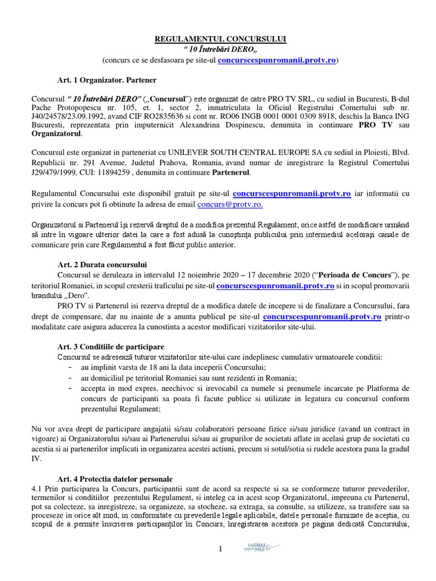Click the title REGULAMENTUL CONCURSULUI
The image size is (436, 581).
click(x=221, y=39)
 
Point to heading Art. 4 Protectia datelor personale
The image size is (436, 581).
click(x=115, y=478)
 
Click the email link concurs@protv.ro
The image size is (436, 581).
click(x=230, y=204)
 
